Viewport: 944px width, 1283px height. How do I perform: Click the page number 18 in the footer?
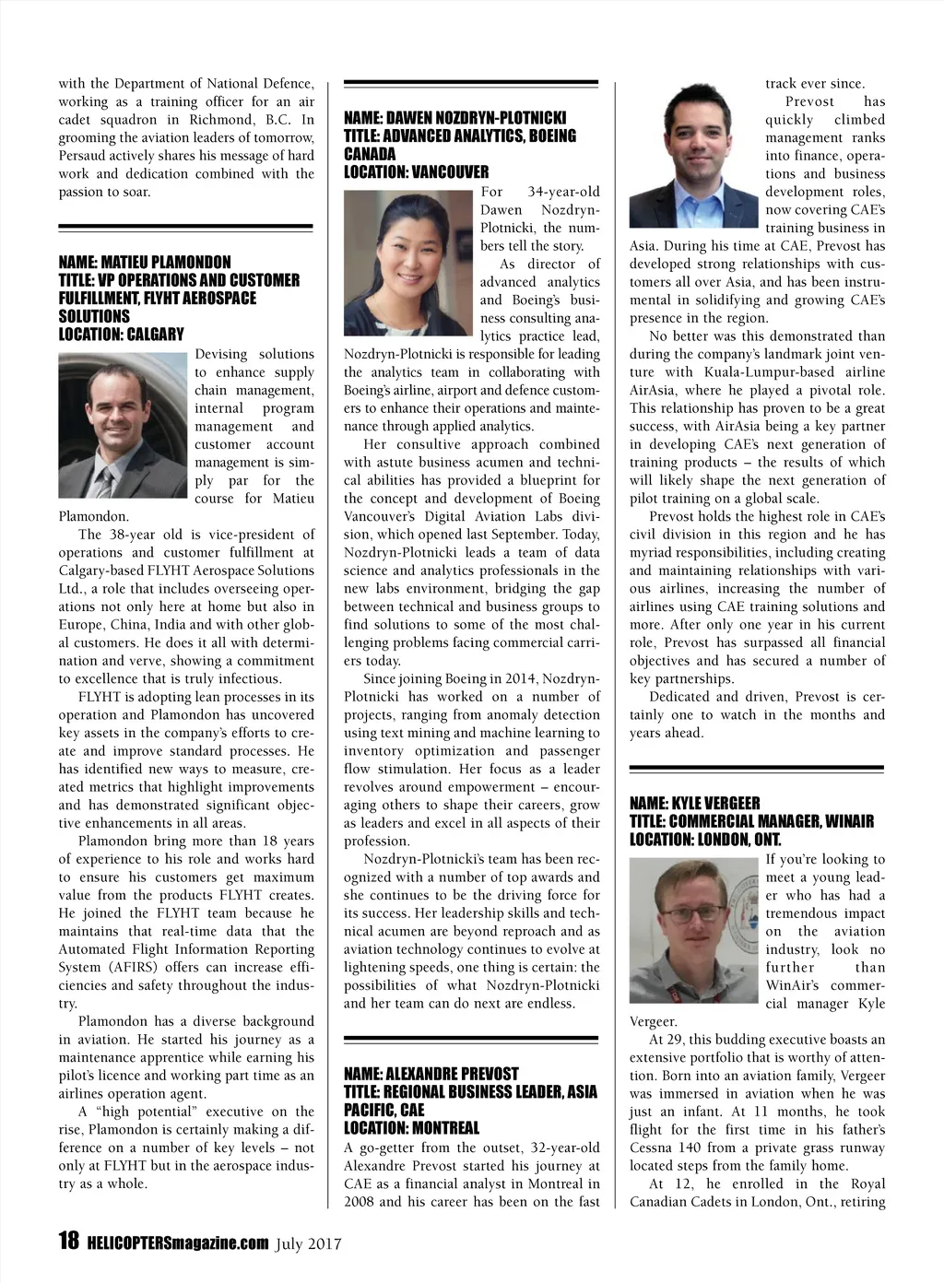[68, 1242]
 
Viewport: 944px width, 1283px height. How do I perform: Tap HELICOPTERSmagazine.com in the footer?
[178, 1242]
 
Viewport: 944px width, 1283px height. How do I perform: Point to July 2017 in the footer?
[309, 1243]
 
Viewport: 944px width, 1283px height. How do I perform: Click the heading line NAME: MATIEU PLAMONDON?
[145, 262]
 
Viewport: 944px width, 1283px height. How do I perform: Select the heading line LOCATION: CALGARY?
[121, 334]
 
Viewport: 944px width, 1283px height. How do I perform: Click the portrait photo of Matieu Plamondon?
[123, 425]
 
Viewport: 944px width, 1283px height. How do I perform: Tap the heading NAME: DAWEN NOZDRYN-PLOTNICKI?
[454, 118]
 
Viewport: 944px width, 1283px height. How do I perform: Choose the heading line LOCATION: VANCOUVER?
[416, 171]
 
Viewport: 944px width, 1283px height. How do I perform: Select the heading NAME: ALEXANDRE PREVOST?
[431, 1074]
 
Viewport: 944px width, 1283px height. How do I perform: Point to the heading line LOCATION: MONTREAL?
[411, 1127]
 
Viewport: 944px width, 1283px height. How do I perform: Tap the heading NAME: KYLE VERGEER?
[694, 803]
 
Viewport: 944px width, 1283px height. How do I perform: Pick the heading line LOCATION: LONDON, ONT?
[705, 839]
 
